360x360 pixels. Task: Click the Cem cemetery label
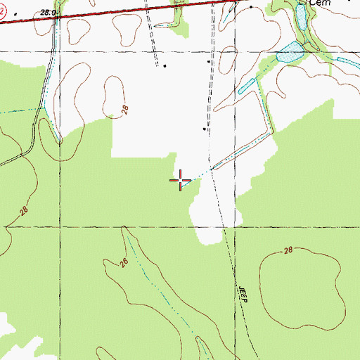tap(321, 2)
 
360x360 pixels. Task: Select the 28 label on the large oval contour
tap(288, 251)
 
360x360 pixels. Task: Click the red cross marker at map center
tap(181, 181)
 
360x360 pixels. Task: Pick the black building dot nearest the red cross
tap(205, 129)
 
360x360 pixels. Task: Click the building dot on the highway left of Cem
tap(251, 6)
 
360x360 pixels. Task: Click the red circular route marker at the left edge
tap(2, 11)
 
